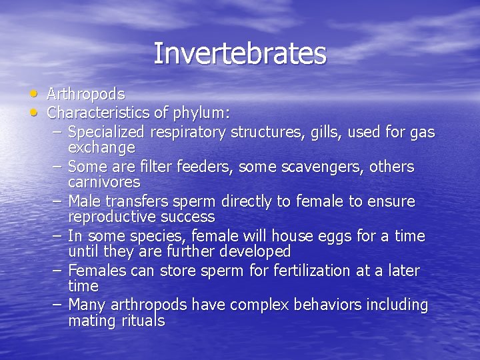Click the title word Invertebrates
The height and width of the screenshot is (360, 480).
(x=240, y=53)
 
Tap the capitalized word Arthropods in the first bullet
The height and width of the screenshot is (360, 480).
(x=86, y=94)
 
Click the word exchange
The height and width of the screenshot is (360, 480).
(x=101, y=147)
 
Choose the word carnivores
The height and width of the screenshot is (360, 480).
(x=104, y=182)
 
